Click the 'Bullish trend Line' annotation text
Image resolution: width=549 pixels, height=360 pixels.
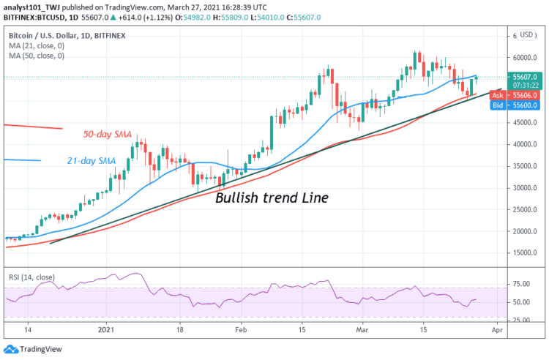pyautogui.click(x=271, y=197)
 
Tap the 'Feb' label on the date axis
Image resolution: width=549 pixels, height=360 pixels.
pyautogui.click(x=242, y=331)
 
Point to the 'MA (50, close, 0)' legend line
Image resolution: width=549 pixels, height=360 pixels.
pyautogui.click(x=37, y=55)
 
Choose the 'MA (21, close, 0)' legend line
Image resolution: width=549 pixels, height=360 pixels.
pyautogui.click(x=37, y=45)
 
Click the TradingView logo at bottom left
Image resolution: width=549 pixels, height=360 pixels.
pyautogui.click(x=29, y=350)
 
